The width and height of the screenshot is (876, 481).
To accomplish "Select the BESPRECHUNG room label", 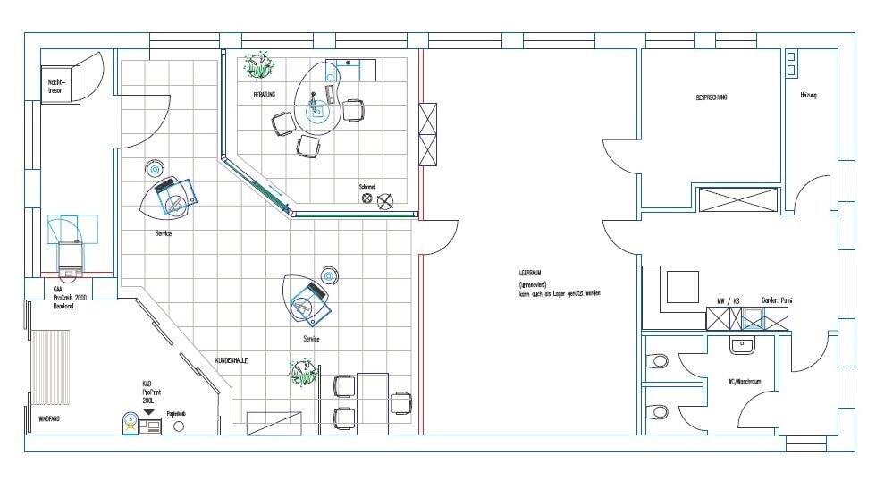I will point(712,97).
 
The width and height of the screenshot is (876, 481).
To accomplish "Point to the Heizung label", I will point(807,95).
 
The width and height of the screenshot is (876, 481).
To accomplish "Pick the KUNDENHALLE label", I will point(232,360).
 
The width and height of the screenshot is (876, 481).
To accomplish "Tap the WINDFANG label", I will point(48,418).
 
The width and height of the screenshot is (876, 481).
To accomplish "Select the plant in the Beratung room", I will point(260,64).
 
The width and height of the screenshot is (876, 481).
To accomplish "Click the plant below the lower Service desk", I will point(304,371).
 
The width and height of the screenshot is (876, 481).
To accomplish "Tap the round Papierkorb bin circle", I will point(178,426).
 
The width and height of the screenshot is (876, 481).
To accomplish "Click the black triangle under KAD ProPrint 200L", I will point(148,412).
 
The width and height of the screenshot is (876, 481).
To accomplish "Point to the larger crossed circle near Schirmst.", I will point(385,201).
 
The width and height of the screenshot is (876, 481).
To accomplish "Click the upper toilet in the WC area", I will point(658,361).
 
